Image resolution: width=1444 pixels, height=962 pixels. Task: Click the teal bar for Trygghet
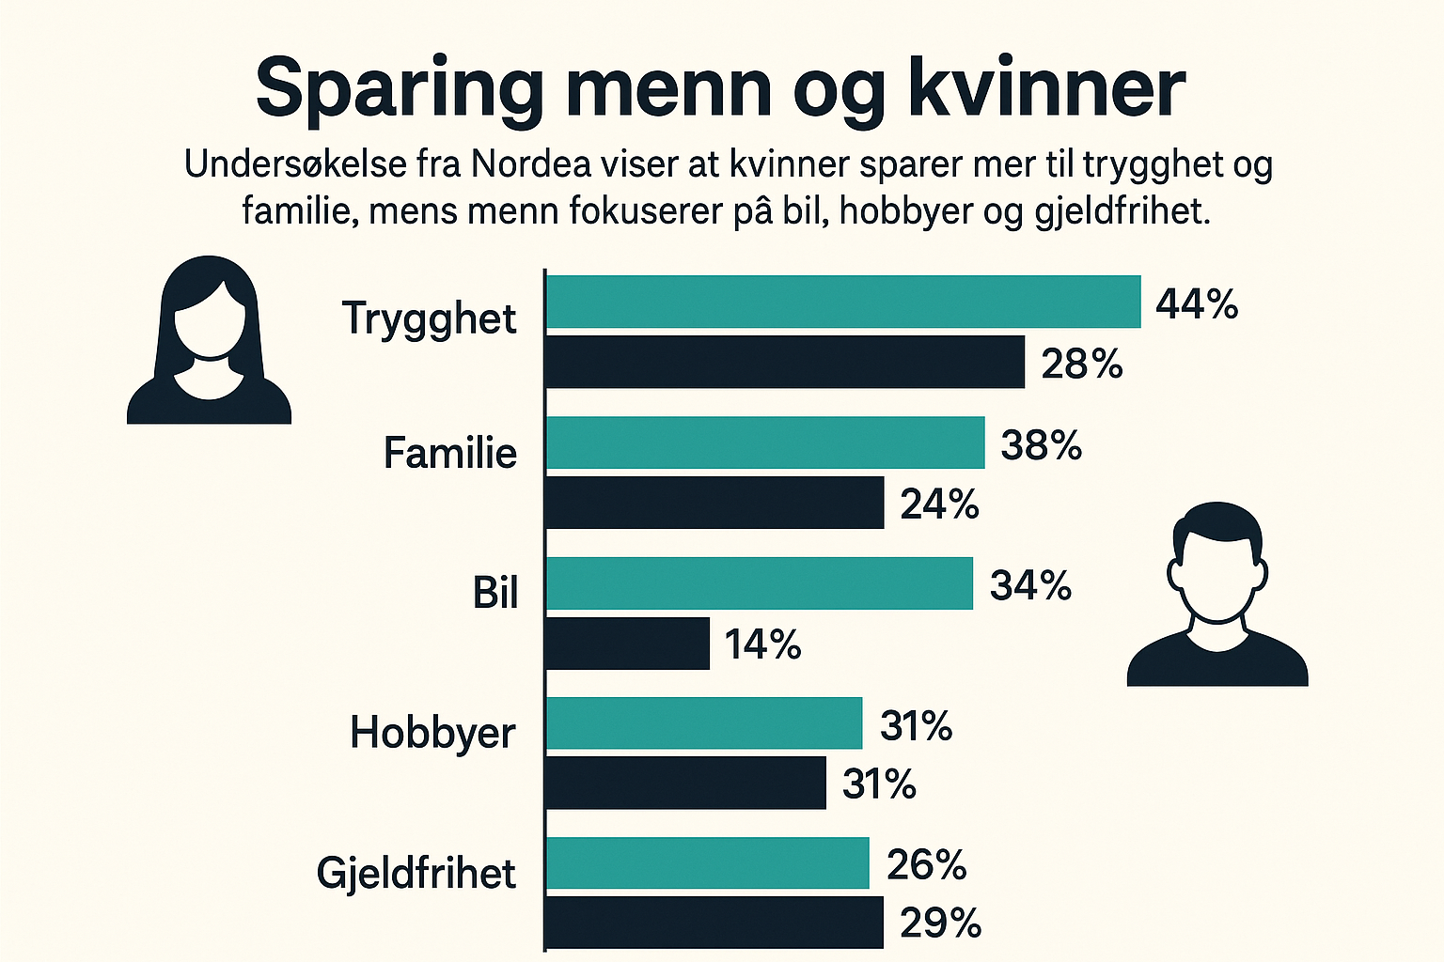[x=842, y=302]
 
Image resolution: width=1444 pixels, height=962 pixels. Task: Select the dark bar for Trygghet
[x=784, y=362]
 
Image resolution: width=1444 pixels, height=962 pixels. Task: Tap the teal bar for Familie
[x=764, y=442]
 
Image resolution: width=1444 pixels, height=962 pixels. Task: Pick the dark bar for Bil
[x=627, y=644]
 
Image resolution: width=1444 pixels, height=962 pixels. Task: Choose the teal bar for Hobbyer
[x=703, y=723]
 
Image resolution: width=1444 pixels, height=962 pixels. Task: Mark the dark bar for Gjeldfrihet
[x=714, y=923]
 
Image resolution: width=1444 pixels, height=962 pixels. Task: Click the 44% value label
[x=1197, y=304]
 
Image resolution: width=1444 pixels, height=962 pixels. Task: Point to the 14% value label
[x=762, y=644]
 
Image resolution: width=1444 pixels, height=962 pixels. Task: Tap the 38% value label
[x=1041, y=444]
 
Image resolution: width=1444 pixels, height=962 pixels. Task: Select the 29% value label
[x=940, y=923]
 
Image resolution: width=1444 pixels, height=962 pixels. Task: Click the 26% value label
[x=926, y=864]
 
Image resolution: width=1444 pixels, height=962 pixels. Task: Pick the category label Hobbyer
[x=432, y=733]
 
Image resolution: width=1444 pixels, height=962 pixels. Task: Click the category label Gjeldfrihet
[x=416, y=873]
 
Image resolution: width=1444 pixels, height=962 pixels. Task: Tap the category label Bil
[x=495, y=593]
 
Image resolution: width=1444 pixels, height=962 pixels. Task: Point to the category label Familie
[x=449, y=453]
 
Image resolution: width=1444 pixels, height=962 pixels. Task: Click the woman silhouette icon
[x=209, y=340]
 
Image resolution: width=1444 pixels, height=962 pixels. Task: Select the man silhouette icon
[x=1217, y=595]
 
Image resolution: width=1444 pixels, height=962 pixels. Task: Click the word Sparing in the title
[x=400, y=88]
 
